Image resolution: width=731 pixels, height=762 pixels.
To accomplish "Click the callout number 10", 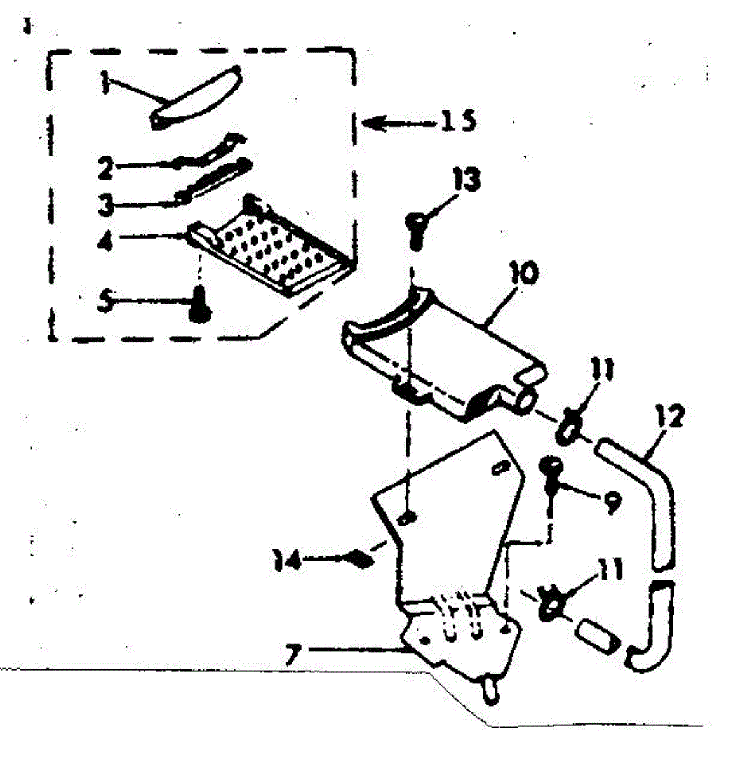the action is tap(525, 274).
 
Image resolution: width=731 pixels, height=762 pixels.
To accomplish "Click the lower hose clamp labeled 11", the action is tap(547, 605).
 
